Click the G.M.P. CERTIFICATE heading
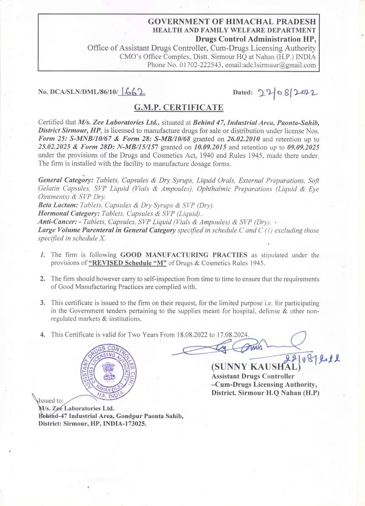click(x=179, y=107)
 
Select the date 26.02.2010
click(x=243, y=139)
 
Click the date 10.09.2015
click(x=210, y=147)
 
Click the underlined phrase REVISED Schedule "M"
click(x=128, y=263)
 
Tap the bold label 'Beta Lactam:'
click(x=58, y=205)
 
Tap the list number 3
click(x=43, y=303)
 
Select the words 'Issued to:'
click(x=51, y=401)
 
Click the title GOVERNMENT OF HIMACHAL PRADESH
click(x=232, y=22)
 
